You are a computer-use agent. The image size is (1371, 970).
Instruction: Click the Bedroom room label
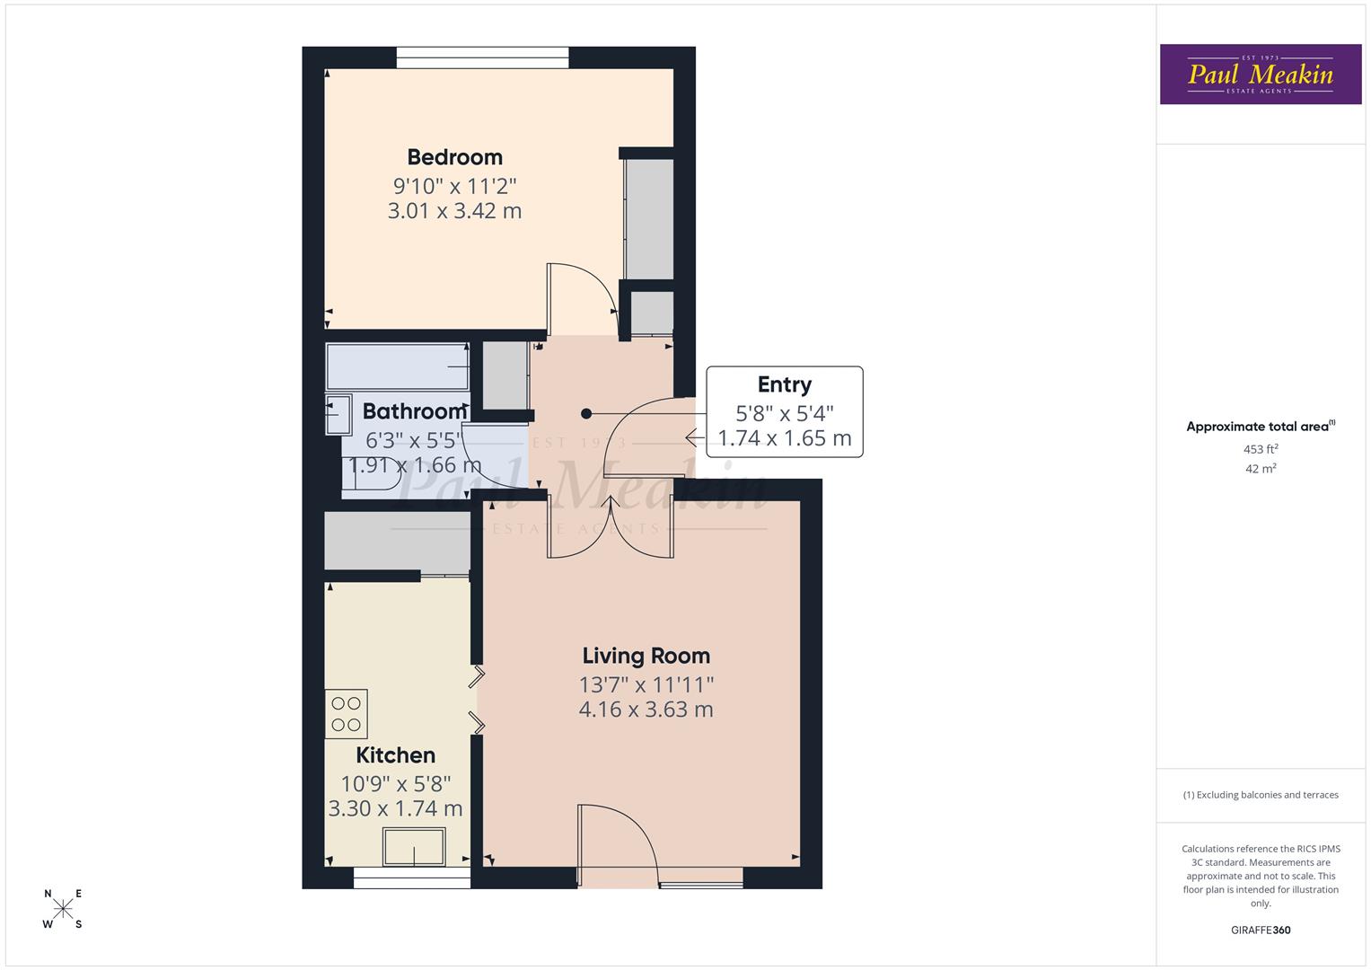coord(454,157)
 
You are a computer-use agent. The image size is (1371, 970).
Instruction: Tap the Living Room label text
coord(646,657)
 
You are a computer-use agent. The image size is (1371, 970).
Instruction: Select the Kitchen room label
coord(395,755)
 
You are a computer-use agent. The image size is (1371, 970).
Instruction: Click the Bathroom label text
coord(414,411)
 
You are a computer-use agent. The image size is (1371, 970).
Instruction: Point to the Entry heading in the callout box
coord(784,384)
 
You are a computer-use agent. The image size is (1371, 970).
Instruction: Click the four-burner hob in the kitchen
coord(347,714)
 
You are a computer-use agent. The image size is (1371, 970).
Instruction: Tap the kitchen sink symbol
coord(414,847)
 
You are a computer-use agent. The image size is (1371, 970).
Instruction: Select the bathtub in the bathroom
coord(398,366)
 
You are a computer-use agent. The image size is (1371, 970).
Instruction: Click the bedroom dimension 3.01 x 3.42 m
coord(454,211)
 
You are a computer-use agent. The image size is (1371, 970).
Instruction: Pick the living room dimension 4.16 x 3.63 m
coord(646,710)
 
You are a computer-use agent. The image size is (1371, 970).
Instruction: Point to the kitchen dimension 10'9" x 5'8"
coord(395,783)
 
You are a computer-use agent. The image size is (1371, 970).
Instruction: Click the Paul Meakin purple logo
coord(1260,75)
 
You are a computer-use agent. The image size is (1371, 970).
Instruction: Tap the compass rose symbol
coord(63,909)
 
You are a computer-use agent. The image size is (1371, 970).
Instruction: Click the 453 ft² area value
coord(1260,449)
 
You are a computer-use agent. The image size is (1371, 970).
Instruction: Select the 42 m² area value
coord(1260,469)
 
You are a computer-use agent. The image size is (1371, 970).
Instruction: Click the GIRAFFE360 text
coord(1260,930)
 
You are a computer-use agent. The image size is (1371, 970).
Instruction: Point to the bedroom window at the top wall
coord(483,57)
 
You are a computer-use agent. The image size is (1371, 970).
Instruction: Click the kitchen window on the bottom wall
coord(411,879)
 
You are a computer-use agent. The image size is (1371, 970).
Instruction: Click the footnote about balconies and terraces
coord(1260,795)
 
